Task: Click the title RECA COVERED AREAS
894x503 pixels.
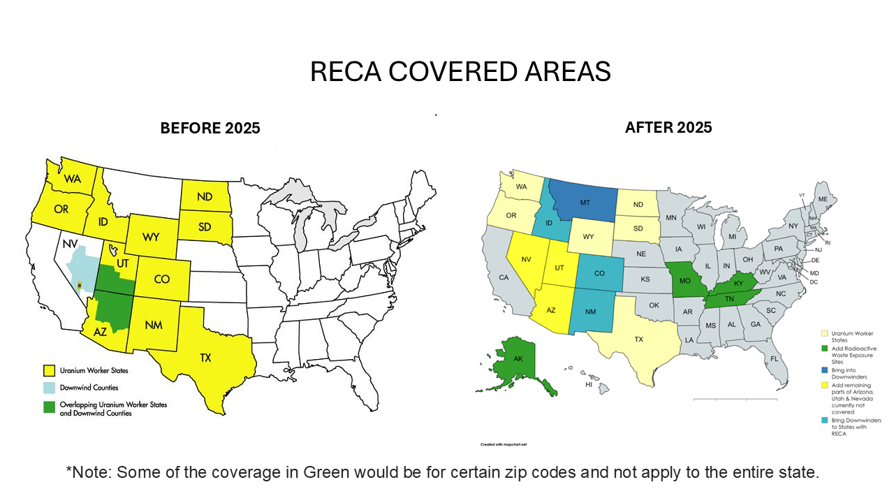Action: pyautogui.click(x=460, y=71)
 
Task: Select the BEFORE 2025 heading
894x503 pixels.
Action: pyautogui.click(x=210, y=128)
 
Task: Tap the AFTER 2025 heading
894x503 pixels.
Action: pyautogui.click(x=668, y=127)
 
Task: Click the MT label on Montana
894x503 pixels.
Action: pyautogui.click(x=585, y=203)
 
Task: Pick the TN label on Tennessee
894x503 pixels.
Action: pyautogui.click(x=728, y=298)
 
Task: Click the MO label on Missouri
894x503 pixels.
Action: pyautogui.click(x=685, y=280)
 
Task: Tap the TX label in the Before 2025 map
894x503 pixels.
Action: pyautogui.click(x=205, y=358)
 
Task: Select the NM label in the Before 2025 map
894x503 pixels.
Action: pyautogui.click(x=154, y=324)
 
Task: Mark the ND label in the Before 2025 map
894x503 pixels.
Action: pyautogui.click(x=205, y=197)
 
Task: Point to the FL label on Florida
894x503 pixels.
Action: pyautogui.click(x=774, y=358)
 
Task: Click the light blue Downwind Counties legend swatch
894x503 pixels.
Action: pyautogui.click(x=48, y=387)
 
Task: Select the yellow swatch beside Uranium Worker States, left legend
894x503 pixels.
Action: pyautogui.click(x=48, y=370)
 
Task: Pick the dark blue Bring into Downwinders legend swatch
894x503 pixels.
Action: pyautogui.click(x=824, y=370)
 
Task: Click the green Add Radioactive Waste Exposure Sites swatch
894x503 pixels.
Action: pyautogui.click(x=824, y=348)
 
